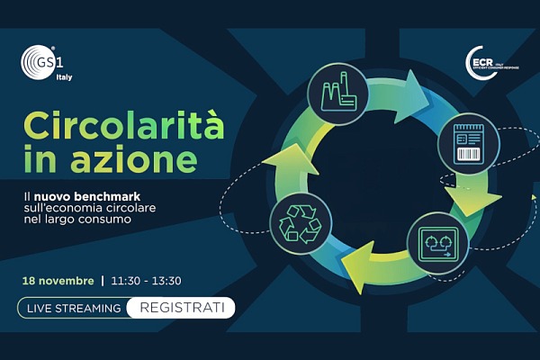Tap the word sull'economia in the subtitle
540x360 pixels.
[62, 206]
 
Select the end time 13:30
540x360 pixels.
[171, 280]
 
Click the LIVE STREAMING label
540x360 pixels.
[74, 308]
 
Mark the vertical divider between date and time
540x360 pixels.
[103, 280]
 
